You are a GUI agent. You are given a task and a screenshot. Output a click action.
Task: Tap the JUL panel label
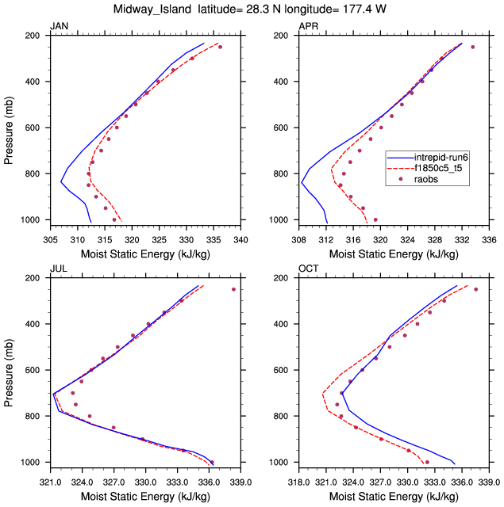click(59, 269)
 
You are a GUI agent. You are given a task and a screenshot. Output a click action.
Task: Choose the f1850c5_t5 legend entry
click(446, 168)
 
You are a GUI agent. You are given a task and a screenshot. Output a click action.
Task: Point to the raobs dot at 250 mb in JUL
click(233, 289)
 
